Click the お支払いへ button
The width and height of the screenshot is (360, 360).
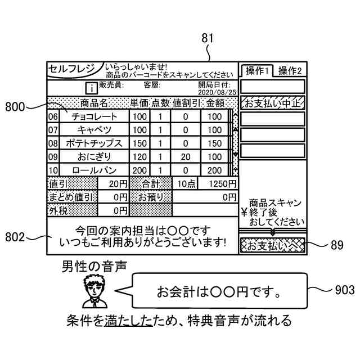click(x=272, y=245)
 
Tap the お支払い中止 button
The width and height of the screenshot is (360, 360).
click(x=272, y=103)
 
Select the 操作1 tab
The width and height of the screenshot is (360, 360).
click(x=257, y=70)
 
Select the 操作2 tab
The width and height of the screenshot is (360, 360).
click(x=290, y=70)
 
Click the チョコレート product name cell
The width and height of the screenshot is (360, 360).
click(x=94, y=116)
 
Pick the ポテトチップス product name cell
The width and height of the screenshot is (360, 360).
click(x=94, y=143)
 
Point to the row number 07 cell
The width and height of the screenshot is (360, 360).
click(x=53, y=130)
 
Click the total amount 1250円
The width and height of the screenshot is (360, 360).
click(x=215, y=184)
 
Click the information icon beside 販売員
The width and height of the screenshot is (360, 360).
click(x=91, y=88)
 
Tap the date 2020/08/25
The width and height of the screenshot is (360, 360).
click(x=218, y=92)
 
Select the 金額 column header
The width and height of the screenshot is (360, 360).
click(x=215, y=103)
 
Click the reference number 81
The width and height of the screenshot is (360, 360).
click(x=208, y=39)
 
